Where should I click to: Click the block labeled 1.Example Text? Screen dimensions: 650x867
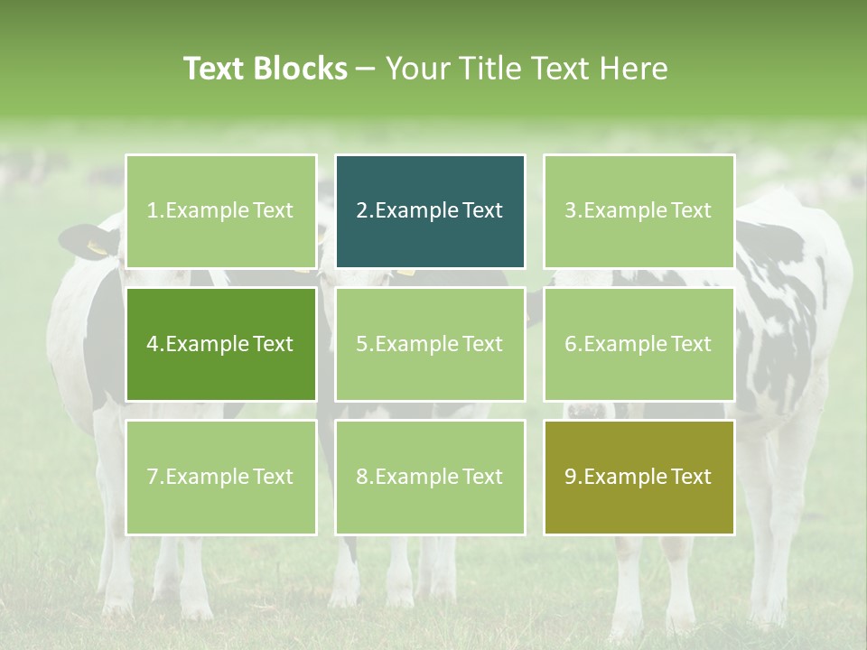(221, 211)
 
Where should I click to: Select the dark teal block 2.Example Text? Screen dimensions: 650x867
(430, 211)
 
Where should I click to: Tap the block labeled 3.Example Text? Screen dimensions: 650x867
(639, 211)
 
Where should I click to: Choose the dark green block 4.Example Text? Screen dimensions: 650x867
(221, 344)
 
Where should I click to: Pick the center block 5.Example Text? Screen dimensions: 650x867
(430, 344)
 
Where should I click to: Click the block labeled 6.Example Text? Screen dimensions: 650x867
(639, 344)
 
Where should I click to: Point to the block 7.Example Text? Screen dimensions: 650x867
(221, 477)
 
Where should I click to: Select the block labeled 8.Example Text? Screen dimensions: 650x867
(430, 477)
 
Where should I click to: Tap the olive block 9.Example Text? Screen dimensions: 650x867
(639, 477)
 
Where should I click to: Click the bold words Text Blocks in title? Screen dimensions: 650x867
(265, 69)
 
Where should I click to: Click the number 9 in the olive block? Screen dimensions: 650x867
(571, 477)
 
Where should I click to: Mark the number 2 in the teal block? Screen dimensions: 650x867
(362, 211)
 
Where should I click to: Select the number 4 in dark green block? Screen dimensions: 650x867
(153, 344)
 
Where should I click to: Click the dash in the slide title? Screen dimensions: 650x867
(366, 70)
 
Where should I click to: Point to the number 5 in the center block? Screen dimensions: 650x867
(362, 344)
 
